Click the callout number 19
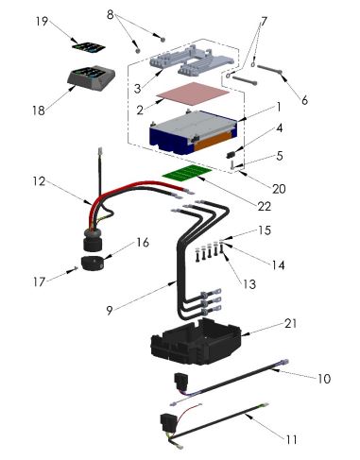(42, 22)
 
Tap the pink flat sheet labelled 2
(193, 94)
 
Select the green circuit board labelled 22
(186, 174)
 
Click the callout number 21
(290, 323)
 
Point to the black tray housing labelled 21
(196, 341)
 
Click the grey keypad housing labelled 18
(91, 78)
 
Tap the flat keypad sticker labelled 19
(89, 47)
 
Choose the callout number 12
(39, 181)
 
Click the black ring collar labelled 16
(93, 263)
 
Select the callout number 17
(39, 281)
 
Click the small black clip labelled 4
(231, 155)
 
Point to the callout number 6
(304, 100)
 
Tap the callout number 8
(110, 14)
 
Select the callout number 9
(110, 311)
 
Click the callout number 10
(324, 378)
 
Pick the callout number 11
(291, 439)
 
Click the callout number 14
(279, 265)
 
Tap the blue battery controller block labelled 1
(194, 132)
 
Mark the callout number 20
(279, 189)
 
